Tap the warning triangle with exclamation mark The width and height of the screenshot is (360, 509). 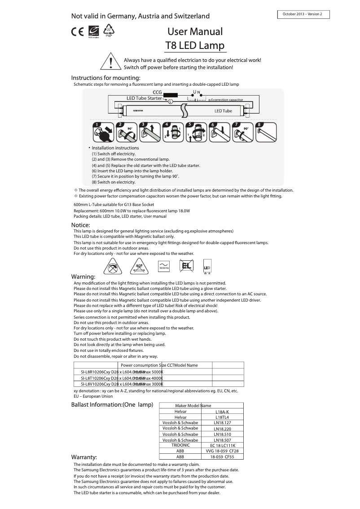coord(110,61)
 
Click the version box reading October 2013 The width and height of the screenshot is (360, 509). coord(303,14)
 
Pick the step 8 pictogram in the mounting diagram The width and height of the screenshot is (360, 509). coord(266,132)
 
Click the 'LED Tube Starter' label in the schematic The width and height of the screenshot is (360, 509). coord(144,98)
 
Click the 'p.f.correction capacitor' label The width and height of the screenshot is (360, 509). coord(226,100)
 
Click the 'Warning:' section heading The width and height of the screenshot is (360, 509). coord(83,276)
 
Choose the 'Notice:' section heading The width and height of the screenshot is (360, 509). coord(81,225)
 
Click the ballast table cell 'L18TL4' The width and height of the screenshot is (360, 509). coord(222,417)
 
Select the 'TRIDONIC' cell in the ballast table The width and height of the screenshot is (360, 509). coord(180,445)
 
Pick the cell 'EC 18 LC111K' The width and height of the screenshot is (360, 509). coord(222,445)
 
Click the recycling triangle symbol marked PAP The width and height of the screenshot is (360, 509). coord(109,31)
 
